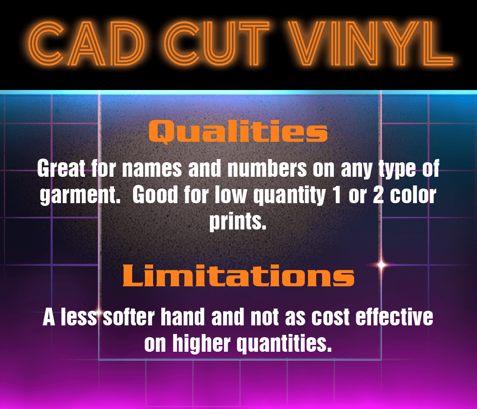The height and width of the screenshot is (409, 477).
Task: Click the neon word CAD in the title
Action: tap(86, 43)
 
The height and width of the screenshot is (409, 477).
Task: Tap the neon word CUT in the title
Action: tap(217, 43)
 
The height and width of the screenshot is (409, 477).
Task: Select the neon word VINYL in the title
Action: tap(371, 43)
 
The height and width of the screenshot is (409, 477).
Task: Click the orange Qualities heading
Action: tap(238, 131)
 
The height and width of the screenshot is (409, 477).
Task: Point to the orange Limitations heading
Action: tap(238, 275)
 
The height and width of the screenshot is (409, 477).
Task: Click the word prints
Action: tap(238, 222)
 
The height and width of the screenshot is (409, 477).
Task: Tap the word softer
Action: tap(129, 317)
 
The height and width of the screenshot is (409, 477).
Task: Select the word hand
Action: tap(183, 317)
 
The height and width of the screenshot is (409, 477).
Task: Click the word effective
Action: tap(394, 317)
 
